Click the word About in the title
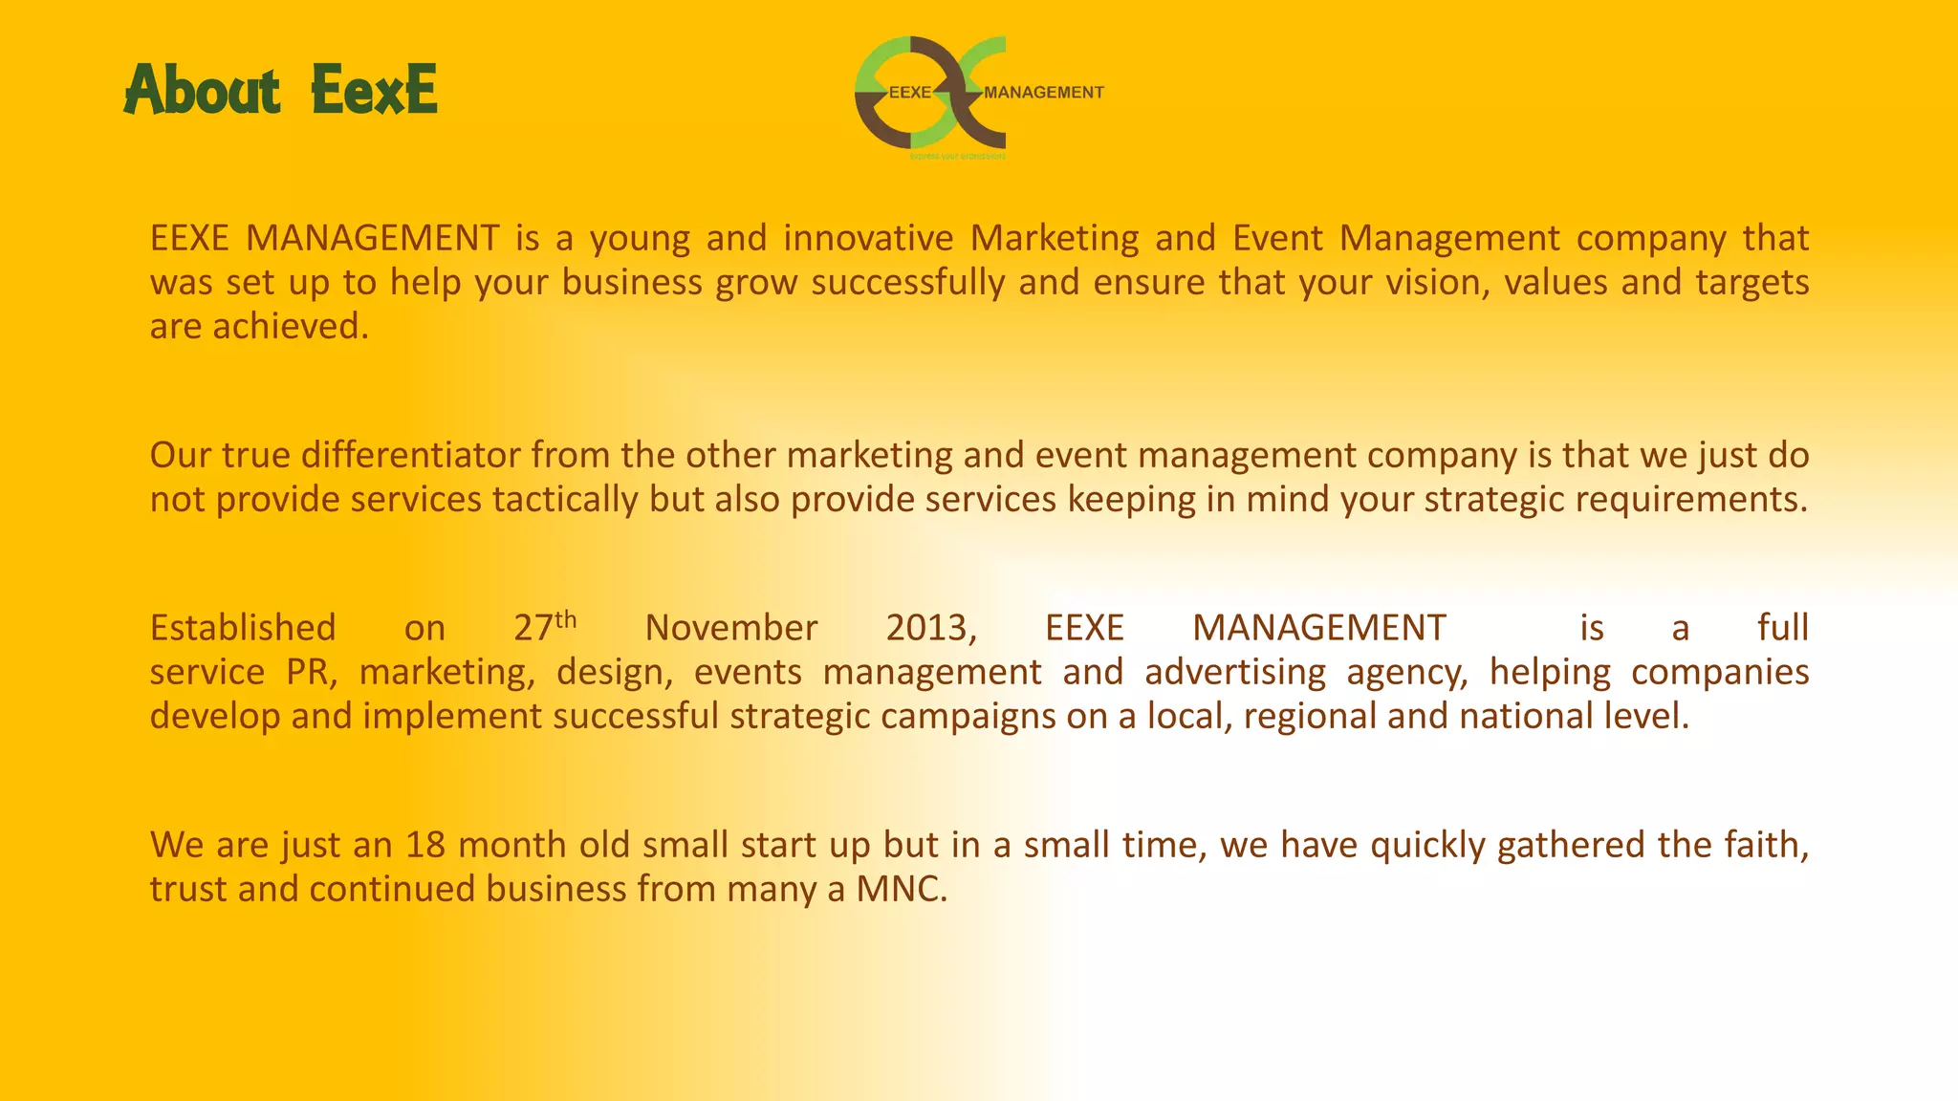click(202, 91)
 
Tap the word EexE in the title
click(374, 91)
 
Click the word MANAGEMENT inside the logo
click(1043, 93)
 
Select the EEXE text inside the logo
click(909, 93)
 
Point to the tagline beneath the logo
click(957, 156)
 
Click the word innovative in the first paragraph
click(868, 238)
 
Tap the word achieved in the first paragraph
click(290, 327)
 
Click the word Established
click(243, 628)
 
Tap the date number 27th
click(544, 627)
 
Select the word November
click(730, 628)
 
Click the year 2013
click(930, 628)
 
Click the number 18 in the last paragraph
click(425, 845)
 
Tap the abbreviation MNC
click(900, 890)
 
